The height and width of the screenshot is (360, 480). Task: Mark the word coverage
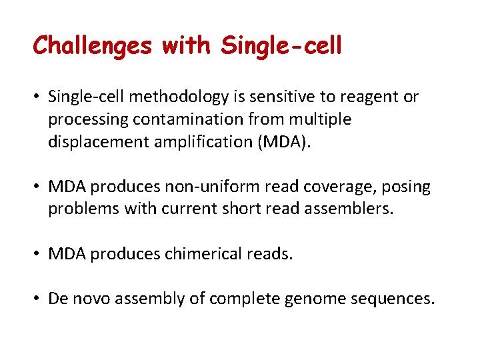(x=330, y=187)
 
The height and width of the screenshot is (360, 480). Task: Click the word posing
(x=407, y=187)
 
